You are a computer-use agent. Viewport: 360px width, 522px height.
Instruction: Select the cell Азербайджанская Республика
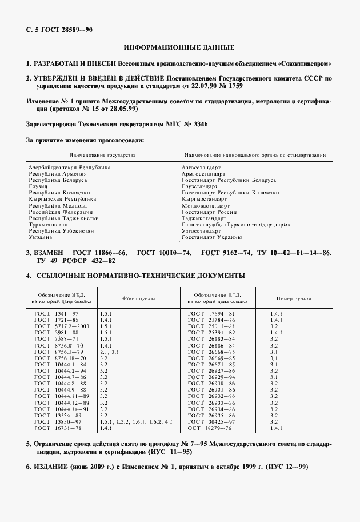[69, 167]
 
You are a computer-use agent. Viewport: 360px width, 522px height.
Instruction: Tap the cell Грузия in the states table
[38, 186]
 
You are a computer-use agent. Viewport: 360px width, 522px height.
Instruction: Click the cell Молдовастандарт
[205, 205]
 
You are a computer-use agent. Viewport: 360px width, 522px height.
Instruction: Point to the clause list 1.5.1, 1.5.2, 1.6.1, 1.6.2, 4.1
[135, 421]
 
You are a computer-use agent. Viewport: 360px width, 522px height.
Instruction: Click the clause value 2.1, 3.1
[109, 352]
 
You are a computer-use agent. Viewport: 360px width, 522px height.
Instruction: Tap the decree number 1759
[237, 86]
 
